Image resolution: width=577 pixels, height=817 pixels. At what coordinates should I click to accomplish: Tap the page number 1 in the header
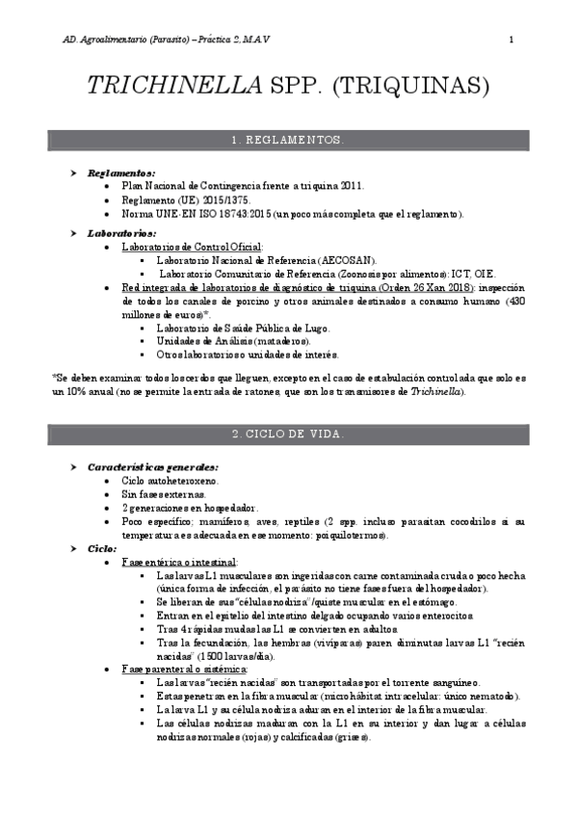tap(511, 40)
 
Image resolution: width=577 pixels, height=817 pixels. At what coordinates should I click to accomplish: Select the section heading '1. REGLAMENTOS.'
tap(288, 141)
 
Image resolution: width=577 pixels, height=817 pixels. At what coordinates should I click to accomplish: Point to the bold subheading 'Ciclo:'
tap(102, 547)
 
